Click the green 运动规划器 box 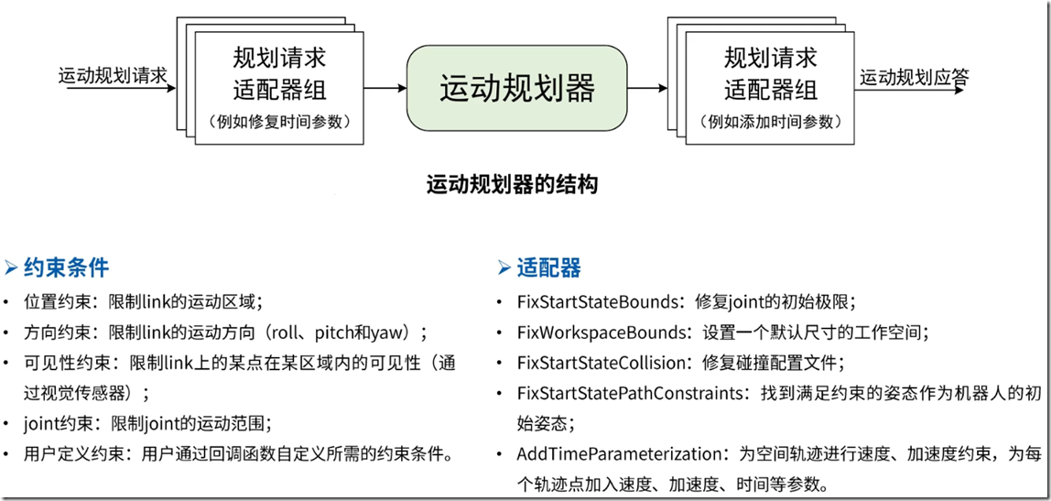point(517,88)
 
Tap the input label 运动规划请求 point(113,76)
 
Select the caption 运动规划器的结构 point(512,185)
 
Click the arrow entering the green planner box point(385,88)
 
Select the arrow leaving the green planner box point(648,88)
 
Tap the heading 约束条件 point(66,267)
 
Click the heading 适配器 point(548,267)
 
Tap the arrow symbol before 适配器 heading point(504,267)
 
